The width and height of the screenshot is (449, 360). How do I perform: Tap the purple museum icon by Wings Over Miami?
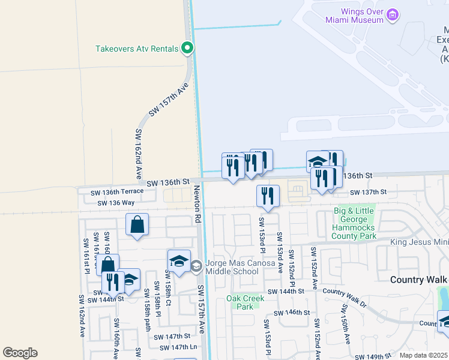coord(393,14)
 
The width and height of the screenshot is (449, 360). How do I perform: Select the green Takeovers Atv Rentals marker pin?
coord(187,48)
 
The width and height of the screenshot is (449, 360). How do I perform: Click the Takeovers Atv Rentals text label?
coord(137,49)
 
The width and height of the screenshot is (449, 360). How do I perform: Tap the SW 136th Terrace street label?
coord(117,191)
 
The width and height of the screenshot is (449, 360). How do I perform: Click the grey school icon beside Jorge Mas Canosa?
coord(196,265)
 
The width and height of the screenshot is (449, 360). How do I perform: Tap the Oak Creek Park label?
coord(241,302)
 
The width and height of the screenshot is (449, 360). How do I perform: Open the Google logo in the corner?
coord(20,353)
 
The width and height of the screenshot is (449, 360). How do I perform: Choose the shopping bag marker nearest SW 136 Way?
coord(137,226)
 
